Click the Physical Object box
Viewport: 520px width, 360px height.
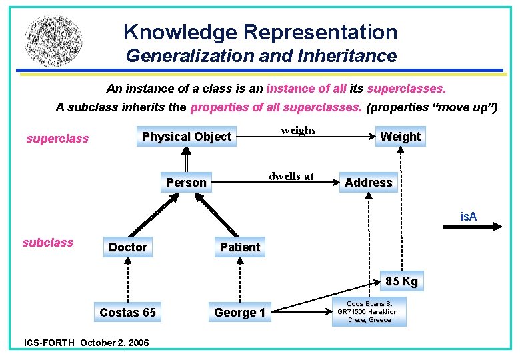[186, 137]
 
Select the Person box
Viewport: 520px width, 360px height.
[186, 183]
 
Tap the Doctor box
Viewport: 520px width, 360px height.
[127, 247]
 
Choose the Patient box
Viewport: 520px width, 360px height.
[239, 247]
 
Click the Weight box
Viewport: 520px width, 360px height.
[400, 137]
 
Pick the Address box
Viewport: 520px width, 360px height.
[368, 183]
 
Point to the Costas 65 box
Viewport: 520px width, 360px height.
[127, 313]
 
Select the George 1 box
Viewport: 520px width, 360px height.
[239, 313]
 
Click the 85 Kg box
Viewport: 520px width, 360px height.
[401, 281]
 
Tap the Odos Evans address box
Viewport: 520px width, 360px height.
[369, 311]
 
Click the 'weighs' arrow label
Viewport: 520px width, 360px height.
[298, 131]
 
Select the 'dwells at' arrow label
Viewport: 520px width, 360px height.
[291, 177]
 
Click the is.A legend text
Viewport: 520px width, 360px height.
[469, 216]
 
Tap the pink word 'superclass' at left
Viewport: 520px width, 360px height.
[57, 139]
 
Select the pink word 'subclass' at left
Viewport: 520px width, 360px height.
[48, 243]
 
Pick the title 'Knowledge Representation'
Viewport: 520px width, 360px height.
[260, 32]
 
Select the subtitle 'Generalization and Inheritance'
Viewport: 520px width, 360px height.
[261, 56]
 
